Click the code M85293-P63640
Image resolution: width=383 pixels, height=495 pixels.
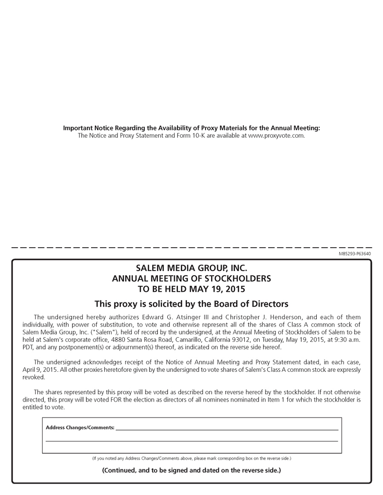coord(355,254)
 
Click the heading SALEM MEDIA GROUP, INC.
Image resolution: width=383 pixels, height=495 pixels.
coord(191,268)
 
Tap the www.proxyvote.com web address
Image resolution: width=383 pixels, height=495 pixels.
coord(276,136)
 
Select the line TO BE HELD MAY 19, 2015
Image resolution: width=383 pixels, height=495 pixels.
coord(191,289)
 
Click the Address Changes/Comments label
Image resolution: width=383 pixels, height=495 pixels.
coord(80,427)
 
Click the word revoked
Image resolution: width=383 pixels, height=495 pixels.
coord(34,377)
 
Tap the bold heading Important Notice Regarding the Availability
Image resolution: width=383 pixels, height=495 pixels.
coord(191,128)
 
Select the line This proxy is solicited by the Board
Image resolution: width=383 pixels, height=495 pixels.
coord(191,304)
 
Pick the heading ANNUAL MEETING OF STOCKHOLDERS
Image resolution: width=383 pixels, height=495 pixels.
coord(191,279)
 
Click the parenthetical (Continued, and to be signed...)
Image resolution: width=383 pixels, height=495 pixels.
coord(191,470)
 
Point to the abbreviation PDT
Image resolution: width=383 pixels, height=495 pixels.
coord(28,347)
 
